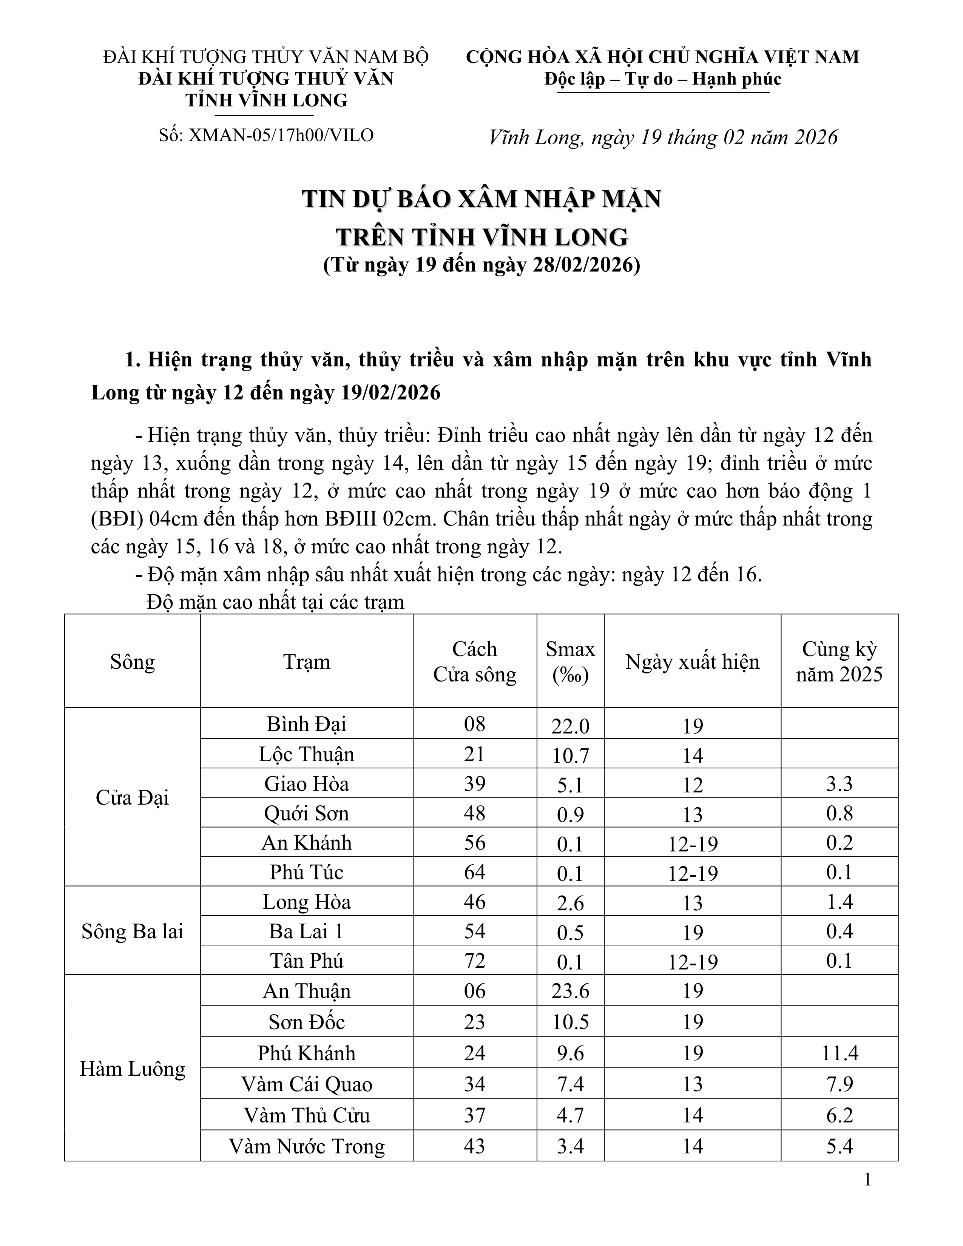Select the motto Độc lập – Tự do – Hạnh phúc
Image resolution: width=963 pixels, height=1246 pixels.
(662, 79)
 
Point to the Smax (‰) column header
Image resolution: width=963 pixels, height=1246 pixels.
(570, 662)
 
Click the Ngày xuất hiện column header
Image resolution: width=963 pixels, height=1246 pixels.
(692, 662)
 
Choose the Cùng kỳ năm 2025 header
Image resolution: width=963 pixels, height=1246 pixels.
(839, 662)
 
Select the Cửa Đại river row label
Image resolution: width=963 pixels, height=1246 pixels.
(132, 797)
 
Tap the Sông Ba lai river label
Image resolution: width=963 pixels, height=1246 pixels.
(132, 931)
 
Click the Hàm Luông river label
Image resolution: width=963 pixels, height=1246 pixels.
(132, 1069)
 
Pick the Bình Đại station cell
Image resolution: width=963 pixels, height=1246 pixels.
(306, 724)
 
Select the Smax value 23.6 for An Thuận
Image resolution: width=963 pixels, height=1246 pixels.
(570, 991)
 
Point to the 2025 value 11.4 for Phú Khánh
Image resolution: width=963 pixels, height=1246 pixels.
(839, 1053)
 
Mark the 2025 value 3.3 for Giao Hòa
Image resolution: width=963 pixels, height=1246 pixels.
(839, 784)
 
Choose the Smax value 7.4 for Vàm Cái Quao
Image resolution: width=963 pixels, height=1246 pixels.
(570, 1084)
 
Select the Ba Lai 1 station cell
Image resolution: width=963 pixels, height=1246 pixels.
(306, 931)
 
